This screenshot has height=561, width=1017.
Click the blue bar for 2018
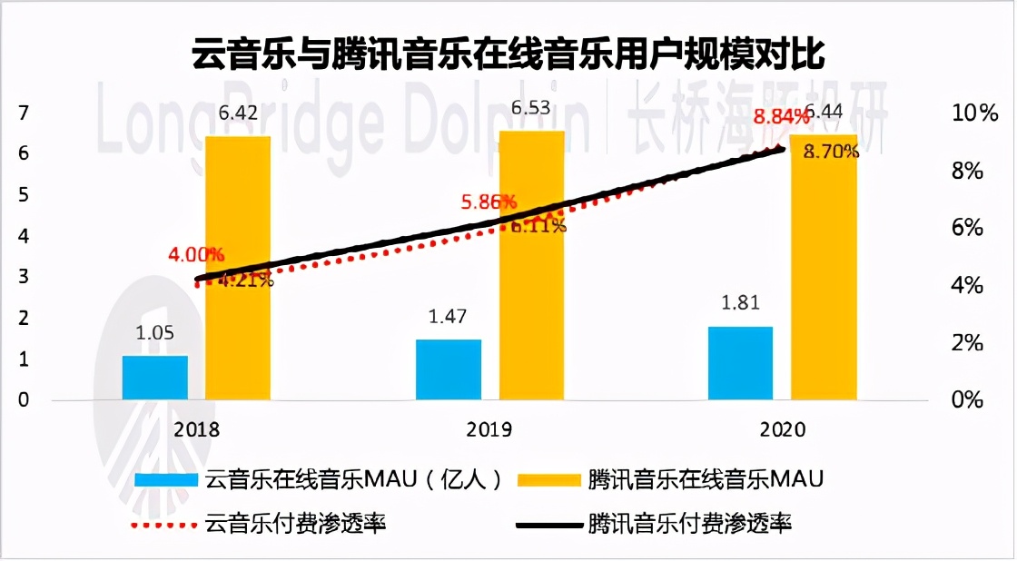click(x=155, y=377)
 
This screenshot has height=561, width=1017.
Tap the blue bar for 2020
click(x=739, y=362)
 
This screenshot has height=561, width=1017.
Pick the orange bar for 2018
click(x=238, y=267)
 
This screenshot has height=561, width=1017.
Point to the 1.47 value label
click(x=449, y=318)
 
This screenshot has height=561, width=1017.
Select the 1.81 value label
click(x=740, y=303)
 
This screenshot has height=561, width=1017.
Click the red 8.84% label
click(x=778, y=117)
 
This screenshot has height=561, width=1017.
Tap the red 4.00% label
click(x=195, y=254)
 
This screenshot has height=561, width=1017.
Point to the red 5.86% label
click(x=488, y=202)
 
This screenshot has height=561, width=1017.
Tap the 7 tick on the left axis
click(x=24, y=113)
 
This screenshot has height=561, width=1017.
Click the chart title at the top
click(x=508, y=55)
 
